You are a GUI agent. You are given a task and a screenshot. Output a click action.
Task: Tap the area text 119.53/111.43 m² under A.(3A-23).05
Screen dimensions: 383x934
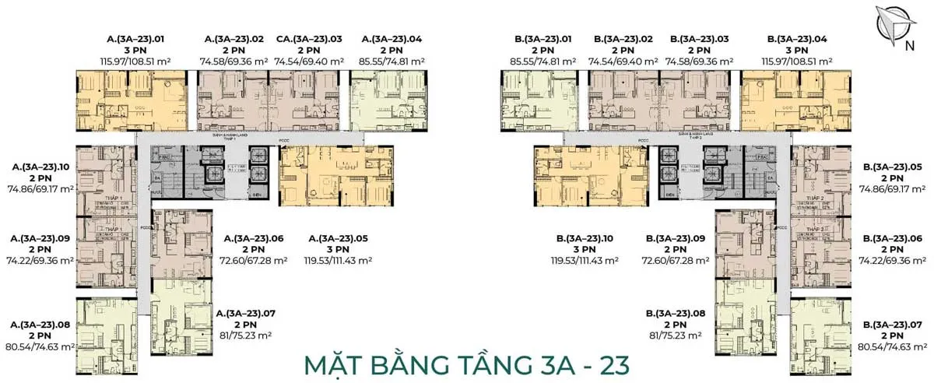point(340,261)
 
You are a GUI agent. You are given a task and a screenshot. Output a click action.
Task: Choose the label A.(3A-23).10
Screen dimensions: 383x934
point(39,166)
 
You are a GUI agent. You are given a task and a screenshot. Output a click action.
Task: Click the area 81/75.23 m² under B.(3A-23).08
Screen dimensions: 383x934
point(675,336)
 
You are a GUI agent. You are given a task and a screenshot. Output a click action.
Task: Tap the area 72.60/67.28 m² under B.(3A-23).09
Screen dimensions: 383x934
point(675,261)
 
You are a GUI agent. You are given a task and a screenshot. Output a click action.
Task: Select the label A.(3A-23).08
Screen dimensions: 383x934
point(39,324)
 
